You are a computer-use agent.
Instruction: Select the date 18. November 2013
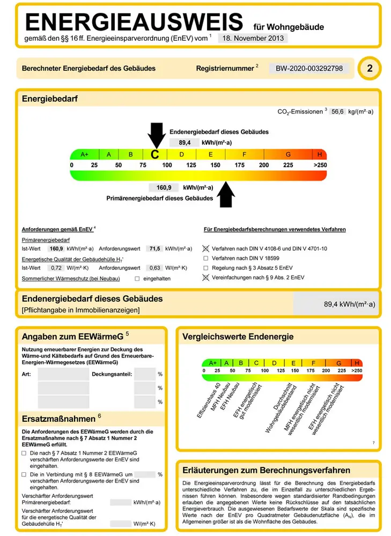pos(253,38)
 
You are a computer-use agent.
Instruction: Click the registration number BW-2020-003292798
pos(309,69)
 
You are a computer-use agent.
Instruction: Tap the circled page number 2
pos(370,69)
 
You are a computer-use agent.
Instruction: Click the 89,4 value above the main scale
pos(185,143)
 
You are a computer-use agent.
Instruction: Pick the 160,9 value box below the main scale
pos(164,188)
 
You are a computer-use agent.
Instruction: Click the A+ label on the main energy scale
pos(84,154)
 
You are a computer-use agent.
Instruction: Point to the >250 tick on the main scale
pos(320,165)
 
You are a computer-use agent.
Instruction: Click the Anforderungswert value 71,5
pos(155,249)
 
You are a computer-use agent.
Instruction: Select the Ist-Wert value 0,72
pos(49,267)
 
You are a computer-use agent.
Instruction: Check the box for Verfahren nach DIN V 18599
pos(206,258)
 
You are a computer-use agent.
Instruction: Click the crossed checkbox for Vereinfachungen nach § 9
pos(205,278)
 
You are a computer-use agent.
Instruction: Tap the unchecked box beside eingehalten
pos(137,279)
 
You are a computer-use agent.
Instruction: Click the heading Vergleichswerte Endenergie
pos(238,337)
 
